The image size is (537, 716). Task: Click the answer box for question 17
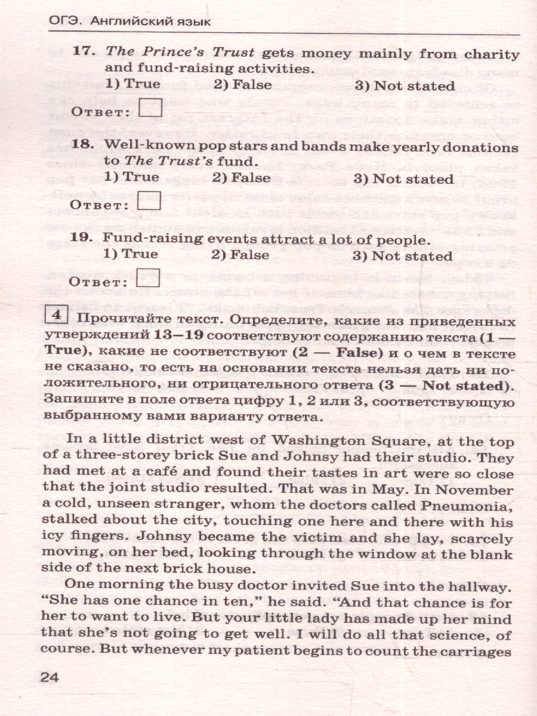coord(150,109)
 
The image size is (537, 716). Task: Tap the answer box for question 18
coord(149,202)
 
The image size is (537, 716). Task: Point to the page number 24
coord(50,677)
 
